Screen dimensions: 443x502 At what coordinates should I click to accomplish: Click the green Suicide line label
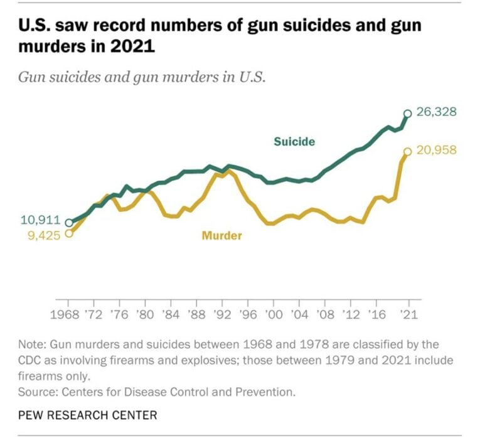click(x=294, y=142)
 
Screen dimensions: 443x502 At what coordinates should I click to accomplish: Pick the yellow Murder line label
click(x=222, y=236)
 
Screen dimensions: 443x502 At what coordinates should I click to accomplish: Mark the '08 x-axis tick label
click(x=324, y=314)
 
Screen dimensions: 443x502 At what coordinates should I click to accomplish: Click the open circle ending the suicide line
click(x=407, y=114)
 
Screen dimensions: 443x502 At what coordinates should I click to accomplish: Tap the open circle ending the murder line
click(x=407, y=151)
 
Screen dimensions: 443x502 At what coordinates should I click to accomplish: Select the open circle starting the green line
click(x=68, y=222)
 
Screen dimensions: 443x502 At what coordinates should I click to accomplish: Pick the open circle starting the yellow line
click(x=68, y=233)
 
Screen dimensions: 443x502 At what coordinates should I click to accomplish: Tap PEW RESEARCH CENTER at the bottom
click(x=88, y=415)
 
